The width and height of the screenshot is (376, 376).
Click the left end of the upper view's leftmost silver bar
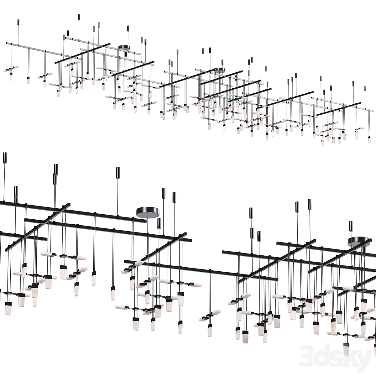tap(7, 42)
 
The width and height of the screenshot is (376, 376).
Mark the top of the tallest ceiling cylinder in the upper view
tap(79, 14)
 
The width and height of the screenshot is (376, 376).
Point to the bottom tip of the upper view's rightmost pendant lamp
tap(369, 143)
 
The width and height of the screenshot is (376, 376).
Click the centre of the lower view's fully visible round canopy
tap(147, 211)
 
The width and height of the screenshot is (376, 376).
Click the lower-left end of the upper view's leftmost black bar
tap(55, 63)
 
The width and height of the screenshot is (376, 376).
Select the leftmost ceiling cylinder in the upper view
tap(18, 23)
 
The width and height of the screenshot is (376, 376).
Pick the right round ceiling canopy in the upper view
tap(220, 70)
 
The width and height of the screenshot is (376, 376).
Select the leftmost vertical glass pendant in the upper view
tap(11, 77)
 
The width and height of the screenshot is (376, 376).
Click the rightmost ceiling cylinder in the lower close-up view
tap(351, 227)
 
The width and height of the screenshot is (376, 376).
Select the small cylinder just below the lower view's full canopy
tap(159, 224)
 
